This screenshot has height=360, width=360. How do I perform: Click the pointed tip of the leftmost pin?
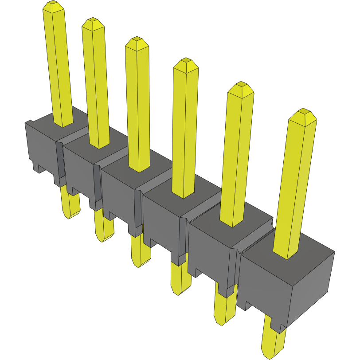(53, 6)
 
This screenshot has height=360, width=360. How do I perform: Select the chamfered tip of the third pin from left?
(137, 43)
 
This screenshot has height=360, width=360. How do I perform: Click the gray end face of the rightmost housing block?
(310, 288)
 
